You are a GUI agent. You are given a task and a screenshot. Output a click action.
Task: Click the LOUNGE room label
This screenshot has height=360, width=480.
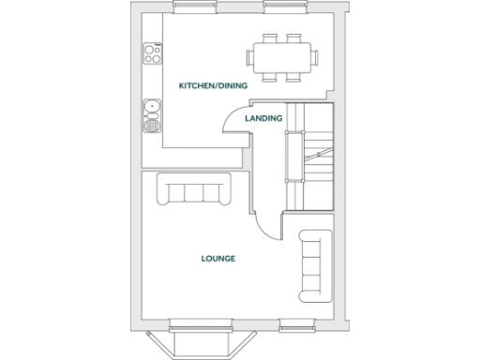tap(217, 258)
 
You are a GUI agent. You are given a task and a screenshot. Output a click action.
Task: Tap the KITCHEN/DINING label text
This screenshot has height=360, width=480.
tap(213, 85)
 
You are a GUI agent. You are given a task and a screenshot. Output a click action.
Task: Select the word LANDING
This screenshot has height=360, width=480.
tap(263, 119)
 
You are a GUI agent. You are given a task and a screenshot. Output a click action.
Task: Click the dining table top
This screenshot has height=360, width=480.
tap(281, 55)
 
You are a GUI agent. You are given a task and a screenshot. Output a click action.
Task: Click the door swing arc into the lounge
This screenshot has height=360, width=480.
tap(265, 223)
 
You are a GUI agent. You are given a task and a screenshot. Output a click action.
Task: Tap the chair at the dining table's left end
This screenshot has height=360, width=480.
tap(250, 56)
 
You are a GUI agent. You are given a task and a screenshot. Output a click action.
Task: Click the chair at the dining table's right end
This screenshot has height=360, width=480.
tap(313, 56)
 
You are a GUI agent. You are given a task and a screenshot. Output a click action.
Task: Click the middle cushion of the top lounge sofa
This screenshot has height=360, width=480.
tap(196, 192)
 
